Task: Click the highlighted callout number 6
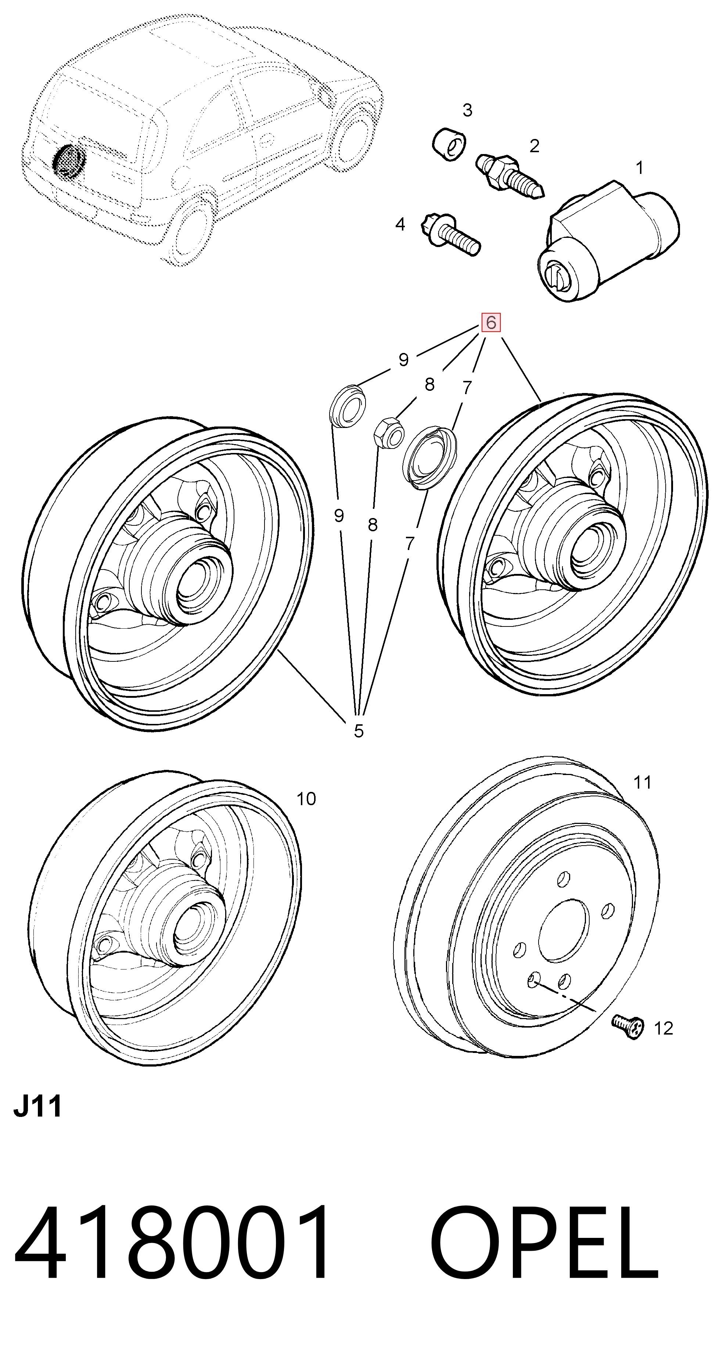click(x=491, y=322)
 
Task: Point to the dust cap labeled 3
click(x=449, y=143)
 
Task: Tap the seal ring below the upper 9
click(x=346, y=404)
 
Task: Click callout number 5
click(x=358, y=731)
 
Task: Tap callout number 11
click(x=642, y=782)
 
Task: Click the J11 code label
click(x=37, y=1106)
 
